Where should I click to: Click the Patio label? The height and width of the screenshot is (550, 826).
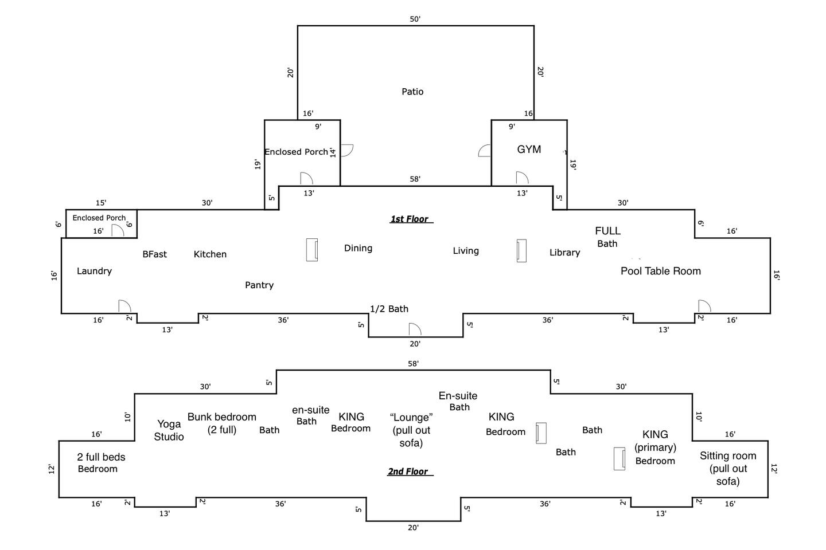tap(412, 92)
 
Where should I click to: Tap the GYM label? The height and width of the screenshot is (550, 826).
tap(529, 150)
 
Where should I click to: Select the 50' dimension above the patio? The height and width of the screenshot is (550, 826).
tap(415, 19)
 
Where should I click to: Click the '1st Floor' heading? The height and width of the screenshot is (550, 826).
tap(410, 219)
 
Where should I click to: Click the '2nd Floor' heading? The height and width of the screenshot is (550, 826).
tap(408, 472)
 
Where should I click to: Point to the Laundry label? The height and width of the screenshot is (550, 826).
tap(94, 271)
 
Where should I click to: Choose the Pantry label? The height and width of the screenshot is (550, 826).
tap(259, 285)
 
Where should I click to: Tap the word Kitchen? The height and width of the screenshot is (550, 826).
tap(210, 254)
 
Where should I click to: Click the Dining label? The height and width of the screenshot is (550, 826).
tap(358, 248)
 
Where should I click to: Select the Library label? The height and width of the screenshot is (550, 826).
tap(564, 253)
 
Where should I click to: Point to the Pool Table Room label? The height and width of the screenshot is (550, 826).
tap(661, 271)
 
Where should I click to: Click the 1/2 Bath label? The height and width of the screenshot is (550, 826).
tap(389, 309)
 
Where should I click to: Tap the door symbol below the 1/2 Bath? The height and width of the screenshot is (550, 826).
tap(415, 329)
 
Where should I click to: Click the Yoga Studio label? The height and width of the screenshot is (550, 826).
tap(169, 430)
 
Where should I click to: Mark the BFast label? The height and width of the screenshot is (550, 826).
tap(154, 254)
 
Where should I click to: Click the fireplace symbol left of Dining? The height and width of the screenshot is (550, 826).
tap(312, 250)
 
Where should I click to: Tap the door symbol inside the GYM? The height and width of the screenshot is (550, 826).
tap(521, 178)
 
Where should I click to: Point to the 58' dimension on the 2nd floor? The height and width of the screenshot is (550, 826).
tap(413, 364)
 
